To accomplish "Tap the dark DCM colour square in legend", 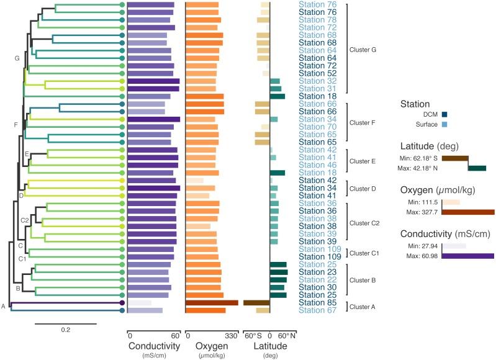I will point(444,114).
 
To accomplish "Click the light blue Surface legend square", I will point(444,125).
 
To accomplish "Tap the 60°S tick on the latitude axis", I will point(253,335).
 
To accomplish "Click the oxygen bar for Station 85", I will point(212,303).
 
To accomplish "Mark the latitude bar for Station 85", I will point(256,303).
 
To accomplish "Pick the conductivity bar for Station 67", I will point(145,310).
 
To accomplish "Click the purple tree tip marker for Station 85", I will point(122,303).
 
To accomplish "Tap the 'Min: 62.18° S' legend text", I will point(421,159).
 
